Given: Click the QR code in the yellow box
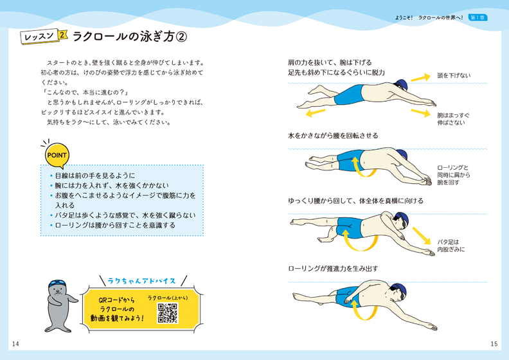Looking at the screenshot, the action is (168, 313).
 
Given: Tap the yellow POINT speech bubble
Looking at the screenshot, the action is (57, 155).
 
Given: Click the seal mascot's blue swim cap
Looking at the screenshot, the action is (57, 283).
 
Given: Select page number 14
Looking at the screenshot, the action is (15, 344).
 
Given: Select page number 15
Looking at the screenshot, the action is (494, 344).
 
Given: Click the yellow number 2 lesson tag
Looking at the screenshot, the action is (62, 35).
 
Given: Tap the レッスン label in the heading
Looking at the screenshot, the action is (39, 37).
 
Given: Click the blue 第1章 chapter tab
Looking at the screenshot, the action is (478, 17).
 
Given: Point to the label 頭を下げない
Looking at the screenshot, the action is (454, 76).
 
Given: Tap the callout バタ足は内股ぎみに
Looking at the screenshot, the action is (451, 246).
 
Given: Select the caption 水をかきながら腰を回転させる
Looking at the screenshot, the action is (333, 136).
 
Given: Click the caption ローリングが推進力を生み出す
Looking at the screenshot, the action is (333, 269).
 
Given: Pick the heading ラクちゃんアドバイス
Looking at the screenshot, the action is (141, 281).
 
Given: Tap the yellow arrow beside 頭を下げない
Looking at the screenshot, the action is (420, 78).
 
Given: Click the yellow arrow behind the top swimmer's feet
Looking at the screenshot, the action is (315, 113).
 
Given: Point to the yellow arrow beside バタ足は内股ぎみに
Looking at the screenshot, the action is (422, 236).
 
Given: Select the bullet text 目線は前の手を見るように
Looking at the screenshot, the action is (94, 175).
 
